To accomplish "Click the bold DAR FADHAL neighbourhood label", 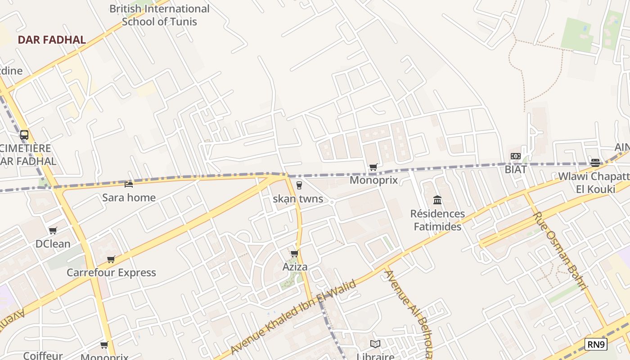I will (52, 40).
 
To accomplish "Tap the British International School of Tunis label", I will (159, 15).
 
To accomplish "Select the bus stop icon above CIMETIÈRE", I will (24, 135).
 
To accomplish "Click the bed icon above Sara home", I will (129, 184).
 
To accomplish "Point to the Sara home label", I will (129, 197).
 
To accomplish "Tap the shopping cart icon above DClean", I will (53, 231).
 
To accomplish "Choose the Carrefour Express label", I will (111, 272).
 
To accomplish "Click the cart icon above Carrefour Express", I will (111, 259).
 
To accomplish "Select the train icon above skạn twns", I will (299, 185).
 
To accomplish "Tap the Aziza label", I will (295, 266).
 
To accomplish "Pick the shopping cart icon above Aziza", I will (295, 253).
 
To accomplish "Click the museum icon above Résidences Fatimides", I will (437, 200).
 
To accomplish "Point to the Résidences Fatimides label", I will (437, 220).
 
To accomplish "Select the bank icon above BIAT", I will (516, 156).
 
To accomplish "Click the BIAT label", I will (516, 169).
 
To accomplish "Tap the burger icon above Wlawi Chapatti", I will (595, 162).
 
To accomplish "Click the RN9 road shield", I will (596, 345).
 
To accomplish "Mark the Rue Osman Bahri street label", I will (560, 251).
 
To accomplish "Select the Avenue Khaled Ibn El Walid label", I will (293, 317).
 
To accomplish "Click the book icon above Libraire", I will (375, 344).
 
